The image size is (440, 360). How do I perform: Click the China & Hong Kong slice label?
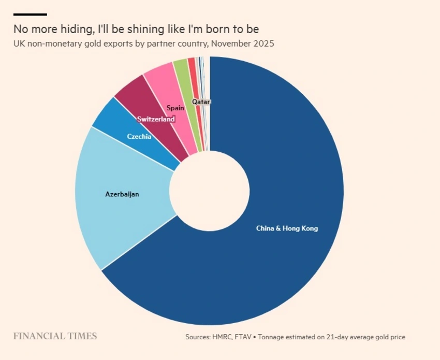tap(287, 228)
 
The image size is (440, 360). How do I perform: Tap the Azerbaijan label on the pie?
tap(122, 195)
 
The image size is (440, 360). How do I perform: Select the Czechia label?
tap(139, 137)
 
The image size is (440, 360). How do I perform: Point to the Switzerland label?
tap(156, 119)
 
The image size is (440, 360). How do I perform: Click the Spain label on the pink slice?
tap(175, 108)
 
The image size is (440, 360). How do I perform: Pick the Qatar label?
tap(201, 102)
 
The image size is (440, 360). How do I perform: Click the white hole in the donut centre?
tap(210, 191)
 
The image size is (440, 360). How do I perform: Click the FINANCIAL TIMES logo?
tap(55, 336)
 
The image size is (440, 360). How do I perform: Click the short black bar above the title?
tap(30, 14)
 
